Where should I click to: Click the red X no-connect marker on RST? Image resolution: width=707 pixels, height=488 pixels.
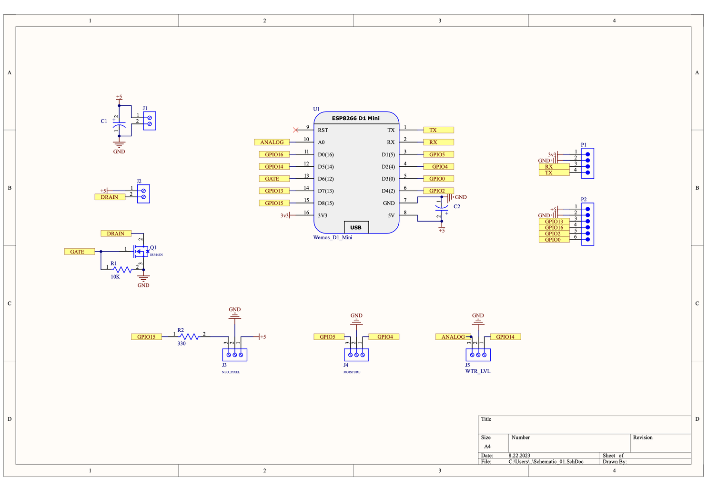click(296, 130)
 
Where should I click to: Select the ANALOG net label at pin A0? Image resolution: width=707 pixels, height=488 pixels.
click(272, 142)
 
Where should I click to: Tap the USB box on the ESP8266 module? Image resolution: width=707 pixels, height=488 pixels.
click(356, 227)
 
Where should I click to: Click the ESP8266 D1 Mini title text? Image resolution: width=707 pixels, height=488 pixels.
click(355, 118)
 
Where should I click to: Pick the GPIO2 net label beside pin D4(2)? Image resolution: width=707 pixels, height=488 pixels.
click(438, 191)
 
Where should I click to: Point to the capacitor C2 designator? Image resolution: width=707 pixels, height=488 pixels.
click(457, 206)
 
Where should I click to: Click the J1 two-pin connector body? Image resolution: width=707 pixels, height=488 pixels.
click(150, 121)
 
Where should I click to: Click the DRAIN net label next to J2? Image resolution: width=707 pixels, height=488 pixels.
click(110, 197)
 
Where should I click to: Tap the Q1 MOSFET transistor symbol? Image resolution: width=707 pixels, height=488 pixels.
click(141, 251)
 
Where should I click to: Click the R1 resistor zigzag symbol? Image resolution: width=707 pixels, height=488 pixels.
click(122, 270)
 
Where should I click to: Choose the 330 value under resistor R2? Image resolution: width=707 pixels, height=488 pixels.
click(182, 343)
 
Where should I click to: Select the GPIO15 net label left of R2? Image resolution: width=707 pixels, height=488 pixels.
click(146, 336)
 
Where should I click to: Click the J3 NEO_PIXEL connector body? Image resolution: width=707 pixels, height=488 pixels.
click(235, 355)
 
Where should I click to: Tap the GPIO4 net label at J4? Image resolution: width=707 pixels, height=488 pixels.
click(384, 336)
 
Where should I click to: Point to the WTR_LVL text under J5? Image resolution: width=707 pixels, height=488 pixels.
click(477, 371)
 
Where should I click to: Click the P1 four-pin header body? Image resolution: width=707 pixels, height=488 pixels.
click(587, 163)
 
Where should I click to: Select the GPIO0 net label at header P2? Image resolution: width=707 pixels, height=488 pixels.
click(554, 240)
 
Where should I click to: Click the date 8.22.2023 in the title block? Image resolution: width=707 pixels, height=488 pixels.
click(519, 456)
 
